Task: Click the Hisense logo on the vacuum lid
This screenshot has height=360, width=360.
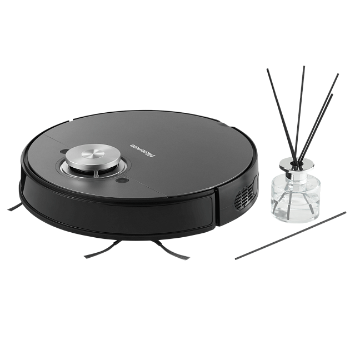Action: point(143,151)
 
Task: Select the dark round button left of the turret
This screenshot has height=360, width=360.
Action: point(64,151)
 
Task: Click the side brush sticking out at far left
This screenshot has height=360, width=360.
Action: point(16,207)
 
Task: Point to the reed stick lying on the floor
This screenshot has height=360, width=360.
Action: point(291,236)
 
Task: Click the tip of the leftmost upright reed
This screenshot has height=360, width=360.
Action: point(267,69)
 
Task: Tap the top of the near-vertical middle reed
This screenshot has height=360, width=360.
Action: point(304,67)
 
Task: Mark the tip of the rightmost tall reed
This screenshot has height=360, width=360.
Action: point(338,74)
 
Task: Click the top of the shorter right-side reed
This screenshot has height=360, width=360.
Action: point(332,94)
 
